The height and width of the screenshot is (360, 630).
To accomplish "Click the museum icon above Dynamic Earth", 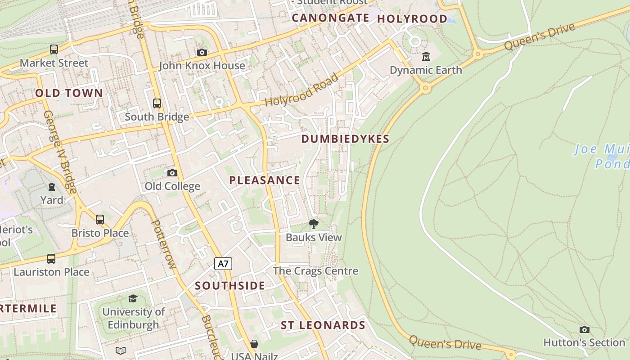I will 426,57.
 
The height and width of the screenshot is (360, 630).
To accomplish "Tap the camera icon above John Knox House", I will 202,52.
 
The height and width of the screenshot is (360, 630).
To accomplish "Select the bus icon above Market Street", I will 54,49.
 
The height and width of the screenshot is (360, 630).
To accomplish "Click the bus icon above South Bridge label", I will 157,103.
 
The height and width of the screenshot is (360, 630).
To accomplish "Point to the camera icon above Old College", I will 172,173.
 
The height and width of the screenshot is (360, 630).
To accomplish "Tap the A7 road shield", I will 223,264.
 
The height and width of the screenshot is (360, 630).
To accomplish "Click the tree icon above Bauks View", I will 314,224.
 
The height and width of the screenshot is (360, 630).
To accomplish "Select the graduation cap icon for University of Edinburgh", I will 133,298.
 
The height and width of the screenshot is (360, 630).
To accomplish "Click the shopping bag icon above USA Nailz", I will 254,344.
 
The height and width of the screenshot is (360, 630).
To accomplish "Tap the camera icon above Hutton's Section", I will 584,329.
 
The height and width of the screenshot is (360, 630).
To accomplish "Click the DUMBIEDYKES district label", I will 345,139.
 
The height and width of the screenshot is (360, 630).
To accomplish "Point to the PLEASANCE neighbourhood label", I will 265,180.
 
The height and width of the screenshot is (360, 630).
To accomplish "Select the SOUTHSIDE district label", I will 230,286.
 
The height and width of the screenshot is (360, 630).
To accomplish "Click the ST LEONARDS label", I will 323,325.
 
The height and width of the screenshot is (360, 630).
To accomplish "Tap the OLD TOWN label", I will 69,93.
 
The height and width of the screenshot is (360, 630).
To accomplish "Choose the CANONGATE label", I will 330,18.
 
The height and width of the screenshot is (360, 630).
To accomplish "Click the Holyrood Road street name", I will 301,90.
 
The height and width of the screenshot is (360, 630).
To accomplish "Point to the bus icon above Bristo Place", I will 100,220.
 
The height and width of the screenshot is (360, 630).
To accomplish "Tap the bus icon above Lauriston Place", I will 51,259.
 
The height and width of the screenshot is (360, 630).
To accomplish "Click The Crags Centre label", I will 315,271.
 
